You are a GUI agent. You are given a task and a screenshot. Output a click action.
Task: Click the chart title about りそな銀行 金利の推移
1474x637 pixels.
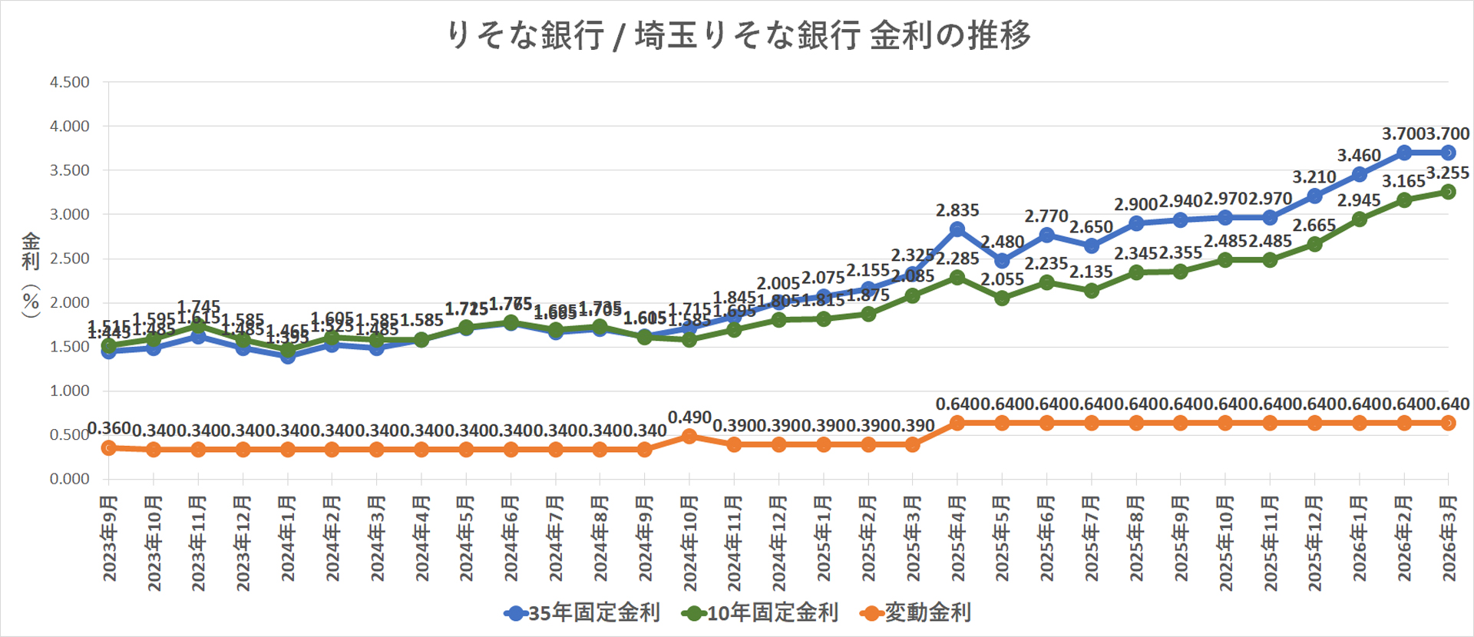click(739, 35)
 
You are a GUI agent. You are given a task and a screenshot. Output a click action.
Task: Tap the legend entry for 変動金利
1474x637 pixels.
click(917, 612)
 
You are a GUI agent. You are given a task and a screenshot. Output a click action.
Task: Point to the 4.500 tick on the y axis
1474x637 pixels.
click(69, 82)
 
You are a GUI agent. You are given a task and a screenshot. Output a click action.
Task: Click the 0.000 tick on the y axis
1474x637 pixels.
click(69, 479)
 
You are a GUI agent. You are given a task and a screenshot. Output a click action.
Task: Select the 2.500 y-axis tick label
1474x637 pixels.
click(69, 259)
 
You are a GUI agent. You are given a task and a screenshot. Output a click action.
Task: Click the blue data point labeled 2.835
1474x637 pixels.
click(957, 229)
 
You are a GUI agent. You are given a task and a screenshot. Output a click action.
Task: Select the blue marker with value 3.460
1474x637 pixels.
click(1360, 174)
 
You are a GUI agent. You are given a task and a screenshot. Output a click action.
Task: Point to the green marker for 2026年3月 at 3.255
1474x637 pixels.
click(1449, 192)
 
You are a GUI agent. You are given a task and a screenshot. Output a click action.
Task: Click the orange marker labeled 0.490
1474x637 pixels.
click(689, 436)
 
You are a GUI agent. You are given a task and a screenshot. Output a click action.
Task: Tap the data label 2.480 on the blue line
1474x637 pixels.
click(1002, 243)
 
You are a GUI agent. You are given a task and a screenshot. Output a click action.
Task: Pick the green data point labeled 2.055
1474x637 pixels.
click(1002, 298)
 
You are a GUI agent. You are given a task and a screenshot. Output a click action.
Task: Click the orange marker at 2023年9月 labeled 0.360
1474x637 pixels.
click(109, 447)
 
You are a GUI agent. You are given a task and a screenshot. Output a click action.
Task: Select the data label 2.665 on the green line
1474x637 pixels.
click(1314, 226)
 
